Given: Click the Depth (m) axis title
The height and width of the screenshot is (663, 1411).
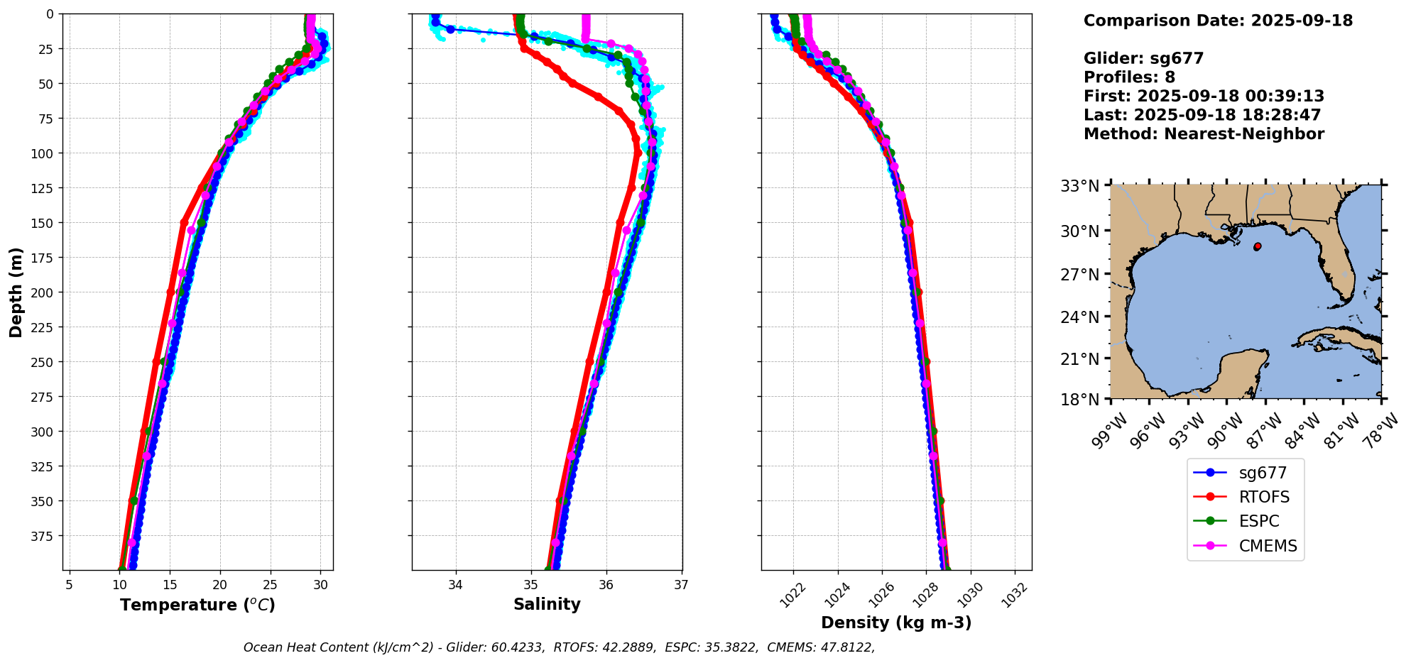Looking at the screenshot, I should point(16,292).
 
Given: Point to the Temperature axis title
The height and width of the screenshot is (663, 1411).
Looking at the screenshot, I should point(197,605).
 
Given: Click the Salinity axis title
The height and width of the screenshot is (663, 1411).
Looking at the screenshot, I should point(547,604).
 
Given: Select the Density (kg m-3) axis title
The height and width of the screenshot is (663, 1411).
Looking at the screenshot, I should point(896,623).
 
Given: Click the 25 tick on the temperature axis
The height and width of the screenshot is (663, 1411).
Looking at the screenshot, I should point(271,585).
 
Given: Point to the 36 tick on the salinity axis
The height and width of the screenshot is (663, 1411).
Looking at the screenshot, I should point(606,585).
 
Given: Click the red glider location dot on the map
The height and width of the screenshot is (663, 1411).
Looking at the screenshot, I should point(1258,246).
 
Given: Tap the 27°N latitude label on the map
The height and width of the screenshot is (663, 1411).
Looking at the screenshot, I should point(1079,274).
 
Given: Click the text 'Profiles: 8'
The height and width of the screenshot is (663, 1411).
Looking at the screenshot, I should point(1129,77).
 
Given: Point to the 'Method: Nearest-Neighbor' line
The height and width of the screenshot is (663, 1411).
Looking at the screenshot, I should point(1204,134).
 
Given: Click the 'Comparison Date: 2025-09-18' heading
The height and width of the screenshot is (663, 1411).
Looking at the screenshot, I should point(1218,21).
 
